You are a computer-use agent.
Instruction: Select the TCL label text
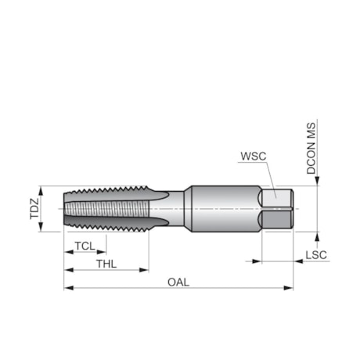tap(85, 247)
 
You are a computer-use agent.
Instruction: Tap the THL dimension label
tap(106, 265)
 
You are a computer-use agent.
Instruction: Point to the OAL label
tap(178, 283)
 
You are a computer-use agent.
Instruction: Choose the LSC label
tap(316, 255)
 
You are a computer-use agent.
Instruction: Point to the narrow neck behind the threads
tap(175, 209)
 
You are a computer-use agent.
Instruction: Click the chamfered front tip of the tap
tap(68, 209)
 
